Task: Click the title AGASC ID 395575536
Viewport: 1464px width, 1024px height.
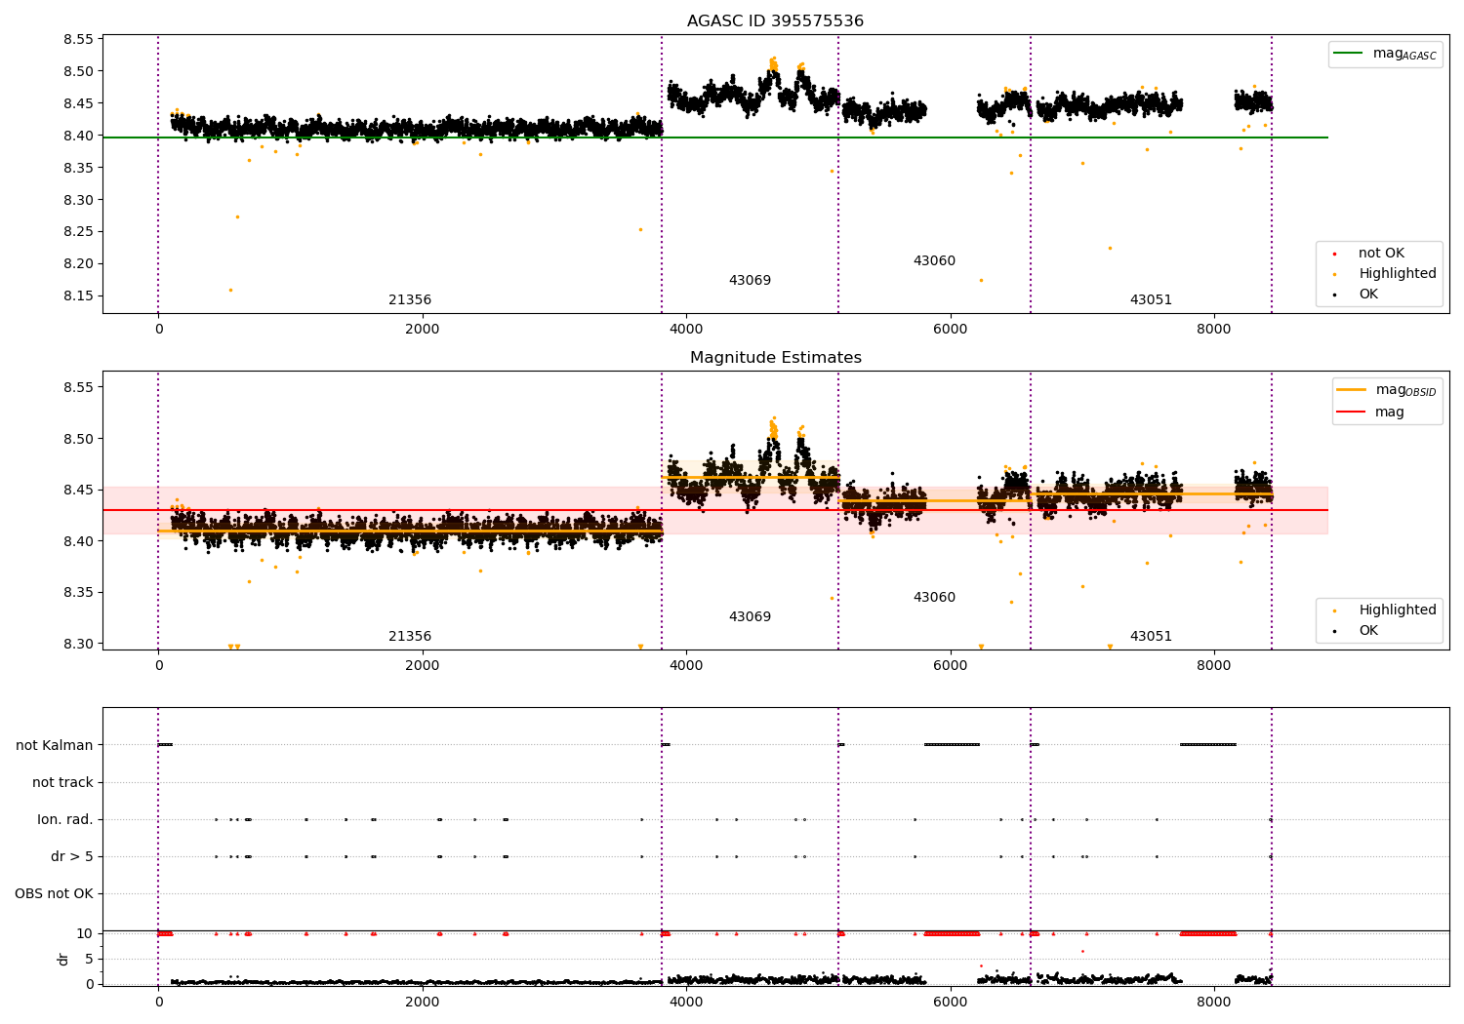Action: tap(775, 21)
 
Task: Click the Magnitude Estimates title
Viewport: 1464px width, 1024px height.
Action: tap(775, 358)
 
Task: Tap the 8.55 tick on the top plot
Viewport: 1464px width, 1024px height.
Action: tap(78, 40)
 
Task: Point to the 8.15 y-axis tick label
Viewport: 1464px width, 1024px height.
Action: tap(78, 295)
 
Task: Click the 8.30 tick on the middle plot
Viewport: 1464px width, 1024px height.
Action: tap(78, 644)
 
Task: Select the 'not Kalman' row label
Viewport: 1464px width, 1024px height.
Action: tap(55, 745)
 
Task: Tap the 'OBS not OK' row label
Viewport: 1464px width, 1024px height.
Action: tap(54, 893)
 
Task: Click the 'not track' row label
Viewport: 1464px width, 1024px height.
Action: tap(62, 782)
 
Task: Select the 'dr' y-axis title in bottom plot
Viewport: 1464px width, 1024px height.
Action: tap(63, 959)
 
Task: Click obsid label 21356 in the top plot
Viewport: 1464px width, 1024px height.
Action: tap(410, 300)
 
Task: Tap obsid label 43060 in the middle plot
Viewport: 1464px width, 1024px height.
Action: tap(934, 597)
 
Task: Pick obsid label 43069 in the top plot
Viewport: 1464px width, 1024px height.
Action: tap(750, 281)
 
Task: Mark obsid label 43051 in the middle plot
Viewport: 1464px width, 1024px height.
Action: tap(1151, 636)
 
